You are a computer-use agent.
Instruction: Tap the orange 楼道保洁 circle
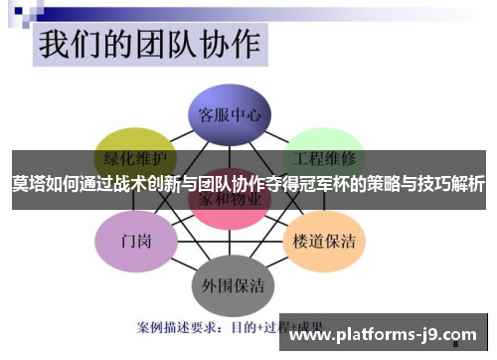pyautogui.click(x=326, y=239)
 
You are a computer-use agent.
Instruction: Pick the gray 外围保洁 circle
pyautogui.click(x=231, y=284)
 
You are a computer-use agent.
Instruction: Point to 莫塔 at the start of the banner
pyautogui.click(x=27, y=184)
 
